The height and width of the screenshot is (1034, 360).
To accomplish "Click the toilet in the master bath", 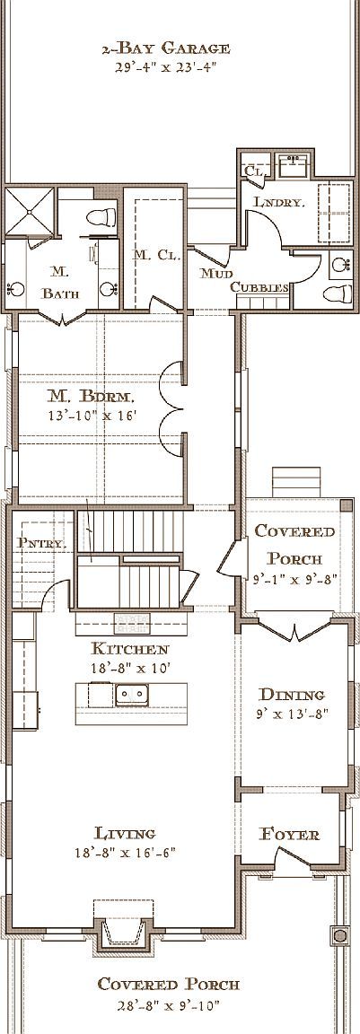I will click(x=103, y=216).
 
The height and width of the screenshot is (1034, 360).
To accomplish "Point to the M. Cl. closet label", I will click(x=152, y=255).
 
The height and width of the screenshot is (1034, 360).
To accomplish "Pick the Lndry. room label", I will click(x=278, y=203).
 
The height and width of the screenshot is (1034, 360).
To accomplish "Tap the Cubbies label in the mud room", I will click(x=259, y=287).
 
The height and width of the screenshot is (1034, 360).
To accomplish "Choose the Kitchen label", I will click(x=130, y=648).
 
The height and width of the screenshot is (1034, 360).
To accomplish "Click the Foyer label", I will click(x=289, y=834).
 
